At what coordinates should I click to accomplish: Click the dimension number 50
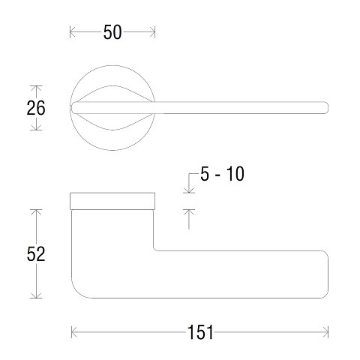point(112,32)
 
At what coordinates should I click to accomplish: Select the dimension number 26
point(36,108)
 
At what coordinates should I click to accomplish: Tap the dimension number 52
point(36,254)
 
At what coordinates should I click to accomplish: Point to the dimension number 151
point(200,332)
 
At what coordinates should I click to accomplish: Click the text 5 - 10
point(222,174)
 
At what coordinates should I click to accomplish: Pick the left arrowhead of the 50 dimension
point(73,32)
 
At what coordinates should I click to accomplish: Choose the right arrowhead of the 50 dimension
point(152,32)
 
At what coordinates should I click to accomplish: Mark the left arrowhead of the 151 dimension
point(74,332)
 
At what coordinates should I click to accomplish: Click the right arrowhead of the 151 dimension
point(325,332)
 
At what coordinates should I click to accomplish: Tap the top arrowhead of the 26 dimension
point(36,88)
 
